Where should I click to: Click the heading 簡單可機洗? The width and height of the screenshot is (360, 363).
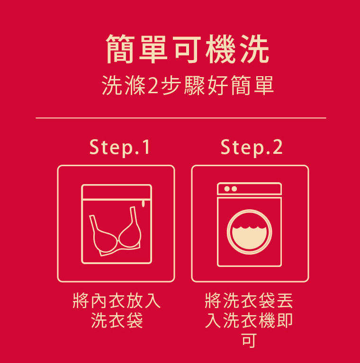(188, 49)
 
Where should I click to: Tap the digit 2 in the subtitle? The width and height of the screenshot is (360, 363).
(153, 85)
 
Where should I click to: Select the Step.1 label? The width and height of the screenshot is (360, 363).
(120, 147)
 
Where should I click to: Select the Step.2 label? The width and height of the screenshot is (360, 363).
(252, 147)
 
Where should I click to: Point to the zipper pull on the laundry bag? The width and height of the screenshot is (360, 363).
(144, 204)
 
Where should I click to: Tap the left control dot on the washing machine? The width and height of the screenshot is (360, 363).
(227, 189)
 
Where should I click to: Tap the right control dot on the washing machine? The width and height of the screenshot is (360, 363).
(234, 189)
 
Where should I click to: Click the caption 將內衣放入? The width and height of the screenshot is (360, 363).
(117, 301)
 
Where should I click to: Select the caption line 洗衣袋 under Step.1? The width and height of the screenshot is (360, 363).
(117, 320)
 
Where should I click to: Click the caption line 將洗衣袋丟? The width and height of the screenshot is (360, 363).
(249, 301)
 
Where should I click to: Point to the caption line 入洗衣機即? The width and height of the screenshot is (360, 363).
(249, 320)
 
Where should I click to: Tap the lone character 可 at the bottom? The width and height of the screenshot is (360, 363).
(249, 340)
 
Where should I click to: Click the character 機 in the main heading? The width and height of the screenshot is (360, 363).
(220, 49)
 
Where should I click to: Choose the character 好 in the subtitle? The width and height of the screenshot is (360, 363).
(218, 85)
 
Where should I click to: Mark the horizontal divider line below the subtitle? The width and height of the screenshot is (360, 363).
(181, 118)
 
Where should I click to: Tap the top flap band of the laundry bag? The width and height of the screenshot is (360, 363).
(117, 192)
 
